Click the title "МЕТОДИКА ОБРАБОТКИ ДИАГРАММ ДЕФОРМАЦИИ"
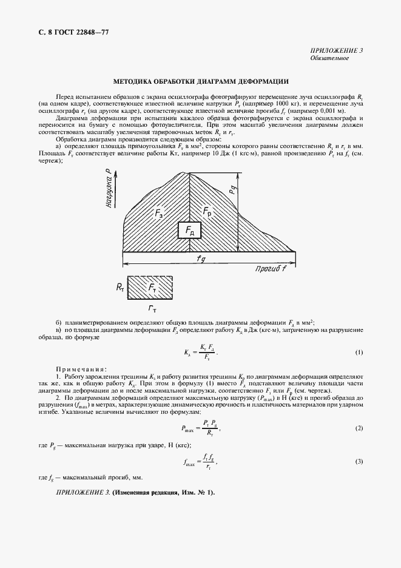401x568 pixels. tap(200, 81)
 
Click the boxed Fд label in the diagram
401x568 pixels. tap(190, 232)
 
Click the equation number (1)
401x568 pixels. tap(359, 353)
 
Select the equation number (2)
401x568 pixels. tap(359, 428)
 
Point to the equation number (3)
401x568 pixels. tap(359, 462)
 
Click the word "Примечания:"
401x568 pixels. tap(81, 368)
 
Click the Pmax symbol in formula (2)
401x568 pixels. tap(189, 429)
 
